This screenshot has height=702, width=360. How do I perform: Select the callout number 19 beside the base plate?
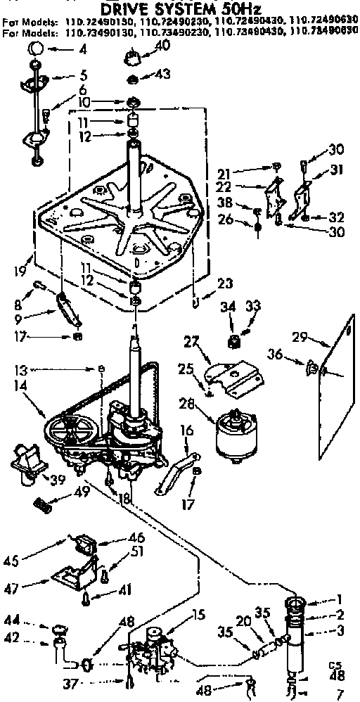point(22,269)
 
